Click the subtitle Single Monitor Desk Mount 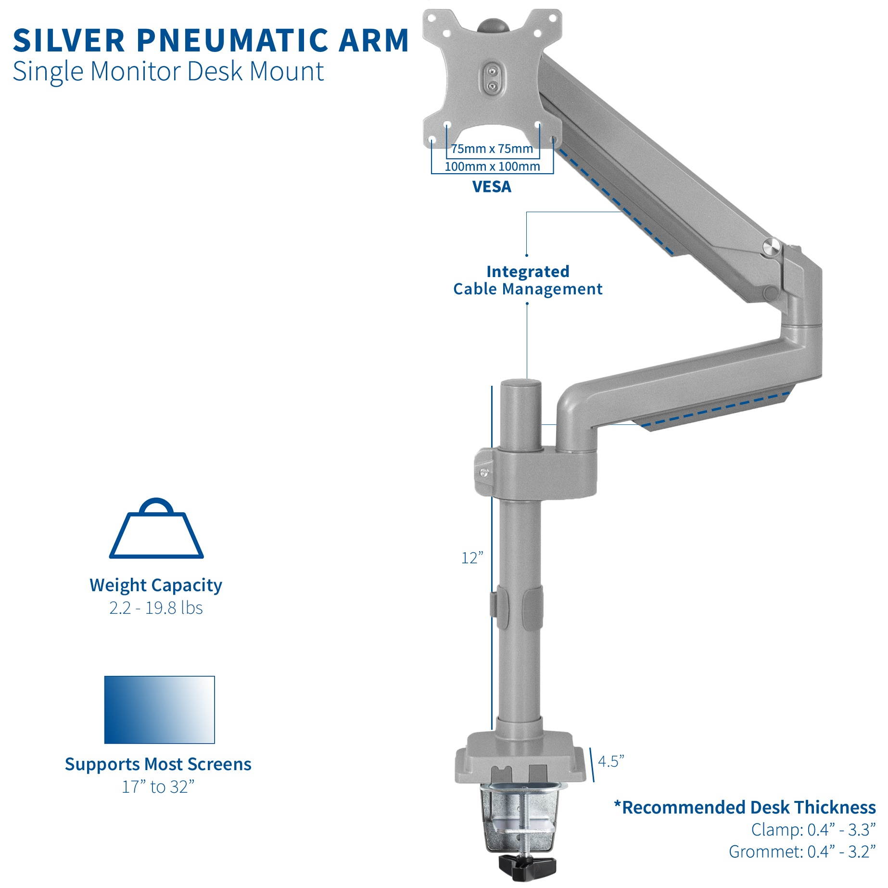(168, 71)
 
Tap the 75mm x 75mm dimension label (492, 149)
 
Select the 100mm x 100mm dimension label (492, 166)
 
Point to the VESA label (491, 187)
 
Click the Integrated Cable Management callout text (527, 280)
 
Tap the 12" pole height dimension (471, 558)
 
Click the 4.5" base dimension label (610, 761)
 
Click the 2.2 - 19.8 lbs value (156, 608)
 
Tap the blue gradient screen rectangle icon (159, 710)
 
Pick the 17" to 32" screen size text (158, 787)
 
